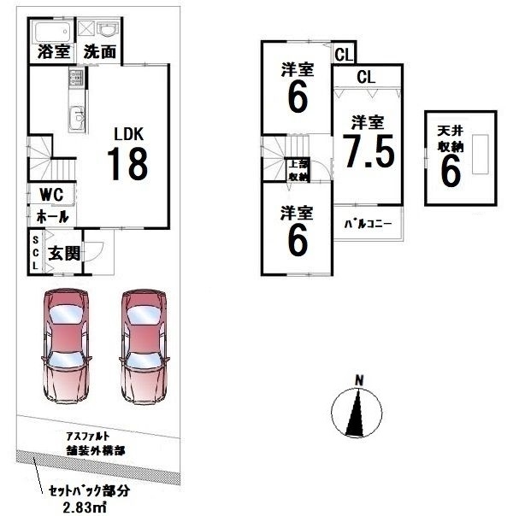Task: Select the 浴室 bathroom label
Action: [x=53, y=51]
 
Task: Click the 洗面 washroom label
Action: [x=100, y=51]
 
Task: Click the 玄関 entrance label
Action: [x=65, y=254]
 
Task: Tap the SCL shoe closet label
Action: [x=35, y=253]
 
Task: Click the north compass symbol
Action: [x=360, y=411]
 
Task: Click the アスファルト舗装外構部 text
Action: [x=93, y=443]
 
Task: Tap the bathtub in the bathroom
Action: [x=53, y=30]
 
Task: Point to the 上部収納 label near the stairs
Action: [x=298, y=171]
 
